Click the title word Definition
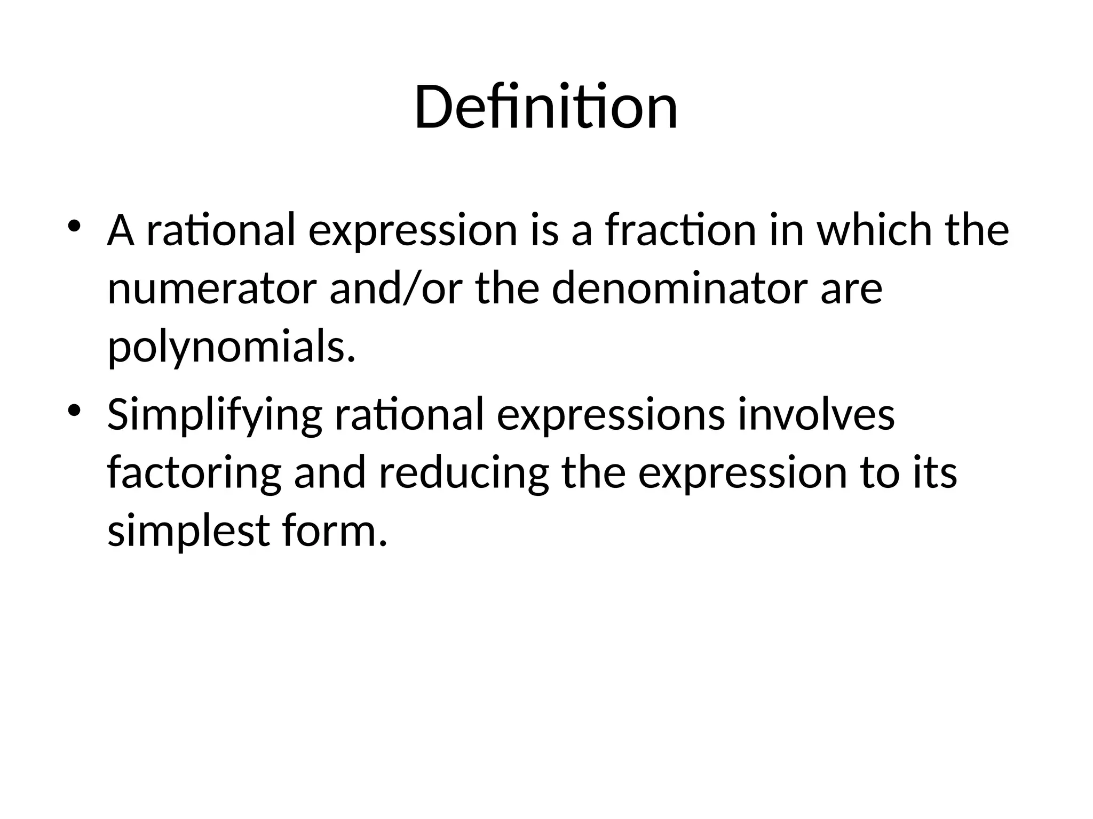pos(545,108)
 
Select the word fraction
pos(680,231)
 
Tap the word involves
pos(816,415)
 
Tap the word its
pos(934,473)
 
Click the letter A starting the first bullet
pos(121,231)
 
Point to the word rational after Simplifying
pos(409,415)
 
